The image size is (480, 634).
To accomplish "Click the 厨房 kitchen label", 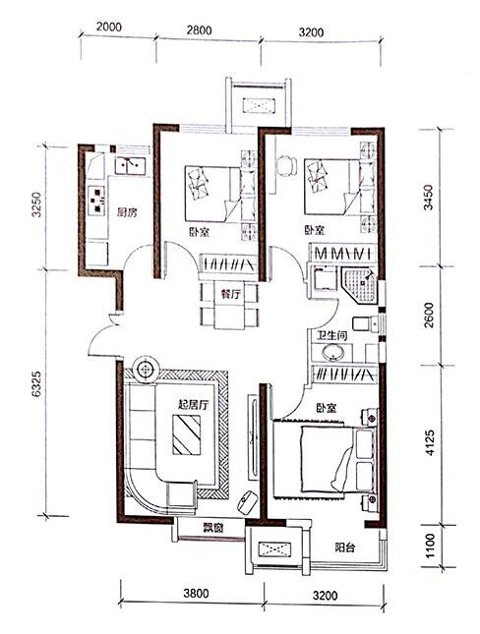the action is pyautogui.click(x=127, y=212).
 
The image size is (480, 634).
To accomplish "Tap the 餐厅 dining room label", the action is pyautogui.click(x=230, y=294).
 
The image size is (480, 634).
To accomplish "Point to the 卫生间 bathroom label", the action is pyautogui.click(x=331, y=335).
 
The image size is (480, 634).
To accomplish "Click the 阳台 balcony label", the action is pyautogui.click(x=345, y=548).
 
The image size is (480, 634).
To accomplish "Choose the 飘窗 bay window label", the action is pyautogui.click(x=212, y=527).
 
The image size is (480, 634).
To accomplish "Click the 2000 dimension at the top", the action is pyautogui.click(x=109, y=27).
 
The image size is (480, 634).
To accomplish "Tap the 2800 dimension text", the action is pyautogui.click(x=199, y=30).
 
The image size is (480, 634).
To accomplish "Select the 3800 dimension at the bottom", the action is pyautogui.click(x=196, y=594).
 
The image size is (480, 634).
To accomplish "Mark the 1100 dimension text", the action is pyautogui.click(x=430, y=546).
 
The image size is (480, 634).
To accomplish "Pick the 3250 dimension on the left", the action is pyautogui.click(x=36, y=204).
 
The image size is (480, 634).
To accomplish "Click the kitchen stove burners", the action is pyautogui.click(x=97, y=200).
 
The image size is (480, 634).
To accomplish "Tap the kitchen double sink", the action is pyautogui.click(x=130, y=165).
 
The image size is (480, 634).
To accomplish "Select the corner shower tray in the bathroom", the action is pyautogui.click(x=360, y=285).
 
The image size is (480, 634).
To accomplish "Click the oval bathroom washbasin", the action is pyautogui.click(x=333, y=353).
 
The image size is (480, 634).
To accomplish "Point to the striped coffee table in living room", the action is pyautogui.click(x=187, y=435).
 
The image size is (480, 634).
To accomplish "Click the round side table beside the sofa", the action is pyautogui.click(x=145, y=369).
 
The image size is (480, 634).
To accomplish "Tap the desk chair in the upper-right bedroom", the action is pyautogui.click(x=285, y=166).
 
